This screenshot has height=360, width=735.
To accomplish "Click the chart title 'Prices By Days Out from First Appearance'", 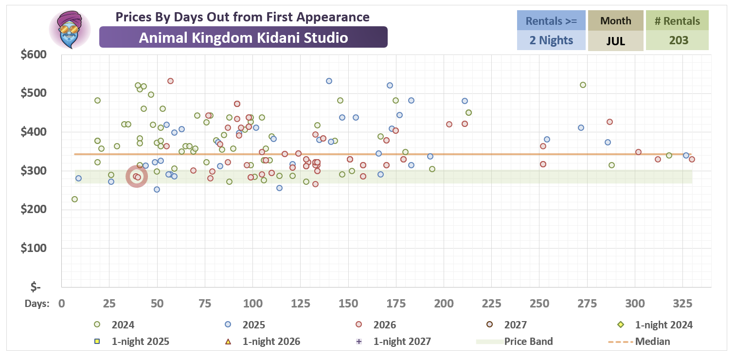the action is click(x=242, y=17).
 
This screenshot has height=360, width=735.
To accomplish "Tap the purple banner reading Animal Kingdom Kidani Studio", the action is click(x=243, y=37).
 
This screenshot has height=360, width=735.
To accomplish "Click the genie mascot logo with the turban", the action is click(x=70, y=30).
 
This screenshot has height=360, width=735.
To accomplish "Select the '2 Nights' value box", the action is click(x=551, y=40).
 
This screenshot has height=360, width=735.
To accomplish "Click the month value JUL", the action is click(x=615, y=41).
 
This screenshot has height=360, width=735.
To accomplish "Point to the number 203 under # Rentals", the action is click(x=679, y=40).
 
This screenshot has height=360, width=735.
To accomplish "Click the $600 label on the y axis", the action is click(x=34, y=54).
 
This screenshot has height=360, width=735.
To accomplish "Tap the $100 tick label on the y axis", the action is click(x=34, y=248).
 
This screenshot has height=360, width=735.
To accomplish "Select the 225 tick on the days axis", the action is click(x=491, y=304).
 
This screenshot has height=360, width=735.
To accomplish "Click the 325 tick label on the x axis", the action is click(x=683, y=304).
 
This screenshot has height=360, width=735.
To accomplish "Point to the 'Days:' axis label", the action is click(x=37, y=304).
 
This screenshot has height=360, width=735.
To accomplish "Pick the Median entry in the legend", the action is click(x=639, y=342).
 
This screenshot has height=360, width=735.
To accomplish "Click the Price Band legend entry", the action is click(x=515, y=342).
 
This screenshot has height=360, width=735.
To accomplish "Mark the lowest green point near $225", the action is click(x=74, y=199).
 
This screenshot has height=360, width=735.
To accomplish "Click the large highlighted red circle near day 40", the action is click(x=137, y=177).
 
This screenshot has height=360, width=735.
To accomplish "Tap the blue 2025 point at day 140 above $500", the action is click(x=329, y=81).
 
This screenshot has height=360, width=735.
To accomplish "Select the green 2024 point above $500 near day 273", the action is click(x=583, y=85).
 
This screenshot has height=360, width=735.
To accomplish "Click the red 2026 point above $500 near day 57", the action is click(x=170, y=81).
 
